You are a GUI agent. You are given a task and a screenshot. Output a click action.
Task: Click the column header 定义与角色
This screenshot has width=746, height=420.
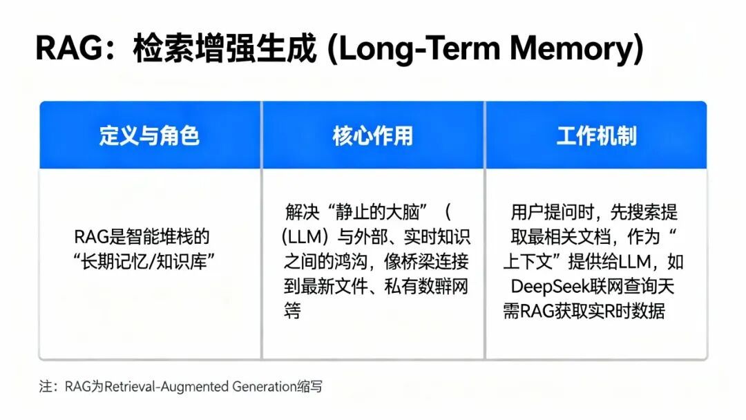click(149, 136)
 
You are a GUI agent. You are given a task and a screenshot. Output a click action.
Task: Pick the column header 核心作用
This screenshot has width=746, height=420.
click(372, 136)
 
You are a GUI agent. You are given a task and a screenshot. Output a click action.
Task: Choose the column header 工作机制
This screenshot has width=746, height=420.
click(596, 136)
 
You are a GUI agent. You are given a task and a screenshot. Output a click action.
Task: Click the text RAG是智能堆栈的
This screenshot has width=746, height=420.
click(142, 237)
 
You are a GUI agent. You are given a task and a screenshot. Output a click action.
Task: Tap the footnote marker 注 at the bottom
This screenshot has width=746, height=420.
click(45, 387)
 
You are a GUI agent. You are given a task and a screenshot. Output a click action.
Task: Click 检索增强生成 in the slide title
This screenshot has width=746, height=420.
click(224, 50)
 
